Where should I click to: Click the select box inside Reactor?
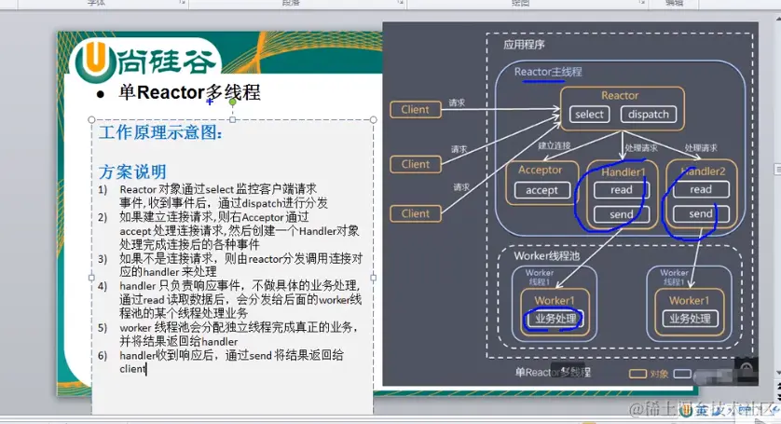[590, 115]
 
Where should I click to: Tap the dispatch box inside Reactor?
[649, 115]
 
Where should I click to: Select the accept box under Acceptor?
[541, 190]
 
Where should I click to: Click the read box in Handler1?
[621, 190]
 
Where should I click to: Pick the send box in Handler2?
[701, 213]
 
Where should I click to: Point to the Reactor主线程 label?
[548, 72]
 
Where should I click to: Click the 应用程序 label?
[524, 44]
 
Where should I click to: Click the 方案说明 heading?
[132, 171]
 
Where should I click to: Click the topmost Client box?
[415, 110]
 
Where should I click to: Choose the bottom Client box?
[415, 213]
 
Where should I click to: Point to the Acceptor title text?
[541, 171]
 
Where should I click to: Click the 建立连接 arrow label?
[554, 147]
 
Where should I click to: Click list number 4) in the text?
[103, 285]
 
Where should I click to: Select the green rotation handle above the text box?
[233, 102]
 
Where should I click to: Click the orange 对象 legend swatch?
[637, 374]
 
